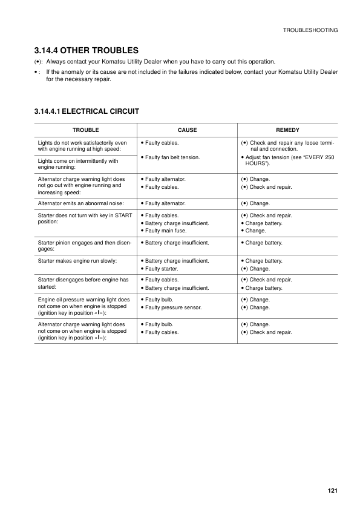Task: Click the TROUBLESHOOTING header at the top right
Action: (310, 30)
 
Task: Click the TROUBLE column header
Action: (85, 130)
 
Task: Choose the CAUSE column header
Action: (187, 130)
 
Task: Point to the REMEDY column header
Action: (287, 130)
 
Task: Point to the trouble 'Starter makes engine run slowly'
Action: (77, 260)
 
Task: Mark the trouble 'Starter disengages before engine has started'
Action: (83, 283)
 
